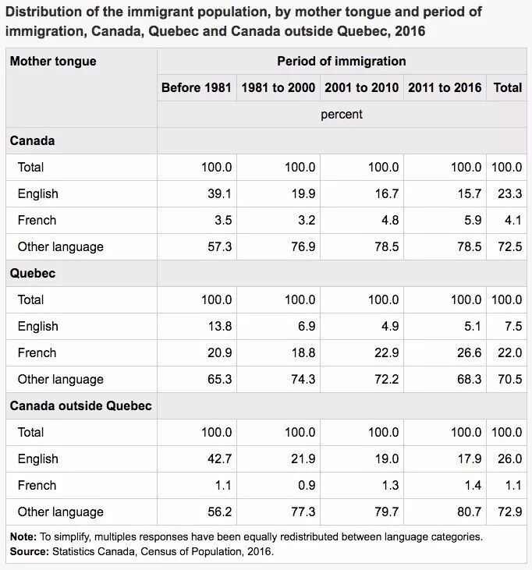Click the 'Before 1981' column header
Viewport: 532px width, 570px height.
point(197,87)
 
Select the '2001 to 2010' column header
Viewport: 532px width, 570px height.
point(362,87)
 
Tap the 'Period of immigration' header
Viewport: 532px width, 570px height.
point(342,61)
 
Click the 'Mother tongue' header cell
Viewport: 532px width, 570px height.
point(53,61)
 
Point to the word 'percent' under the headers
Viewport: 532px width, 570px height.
point(342,114)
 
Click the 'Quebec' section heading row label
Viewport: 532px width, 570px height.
point(33,273)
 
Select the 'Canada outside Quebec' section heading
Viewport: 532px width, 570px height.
point(80,405)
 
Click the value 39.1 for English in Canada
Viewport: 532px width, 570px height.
point(218,193)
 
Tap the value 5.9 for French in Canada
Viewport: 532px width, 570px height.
point(473,220)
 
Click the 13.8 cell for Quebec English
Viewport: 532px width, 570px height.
point(218,326)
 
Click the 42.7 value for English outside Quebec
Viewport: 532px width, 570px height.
point(218,458)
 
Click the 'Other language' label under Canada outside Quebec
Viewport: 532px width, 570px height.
point(60,512)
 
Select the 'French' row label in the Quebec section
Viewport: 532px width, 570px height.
point(37,352)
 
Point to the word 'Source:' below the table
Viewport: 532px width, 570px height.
point(30,551)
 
